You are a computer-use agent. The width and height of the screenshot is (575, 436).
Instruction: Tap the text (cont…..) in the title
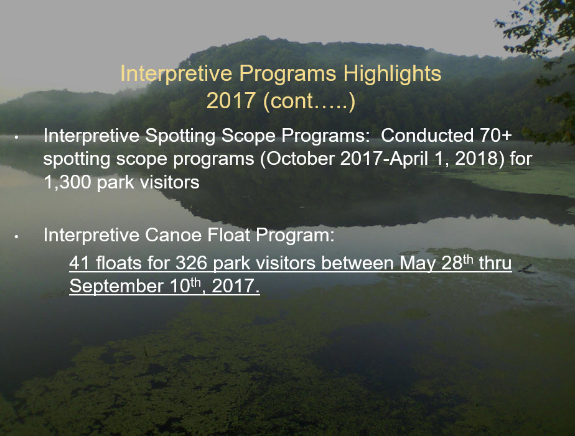pos(309,101)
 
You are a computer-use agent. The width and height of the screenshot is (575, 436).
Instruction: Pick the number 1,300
pos(67,182)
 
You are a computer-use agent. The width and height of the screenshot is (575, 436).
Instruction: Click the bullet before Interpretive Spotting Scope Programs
pos(16,137)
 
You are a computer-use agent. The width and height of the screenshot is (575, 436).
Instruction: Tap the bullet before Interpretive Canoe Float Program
pos(16,237)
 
